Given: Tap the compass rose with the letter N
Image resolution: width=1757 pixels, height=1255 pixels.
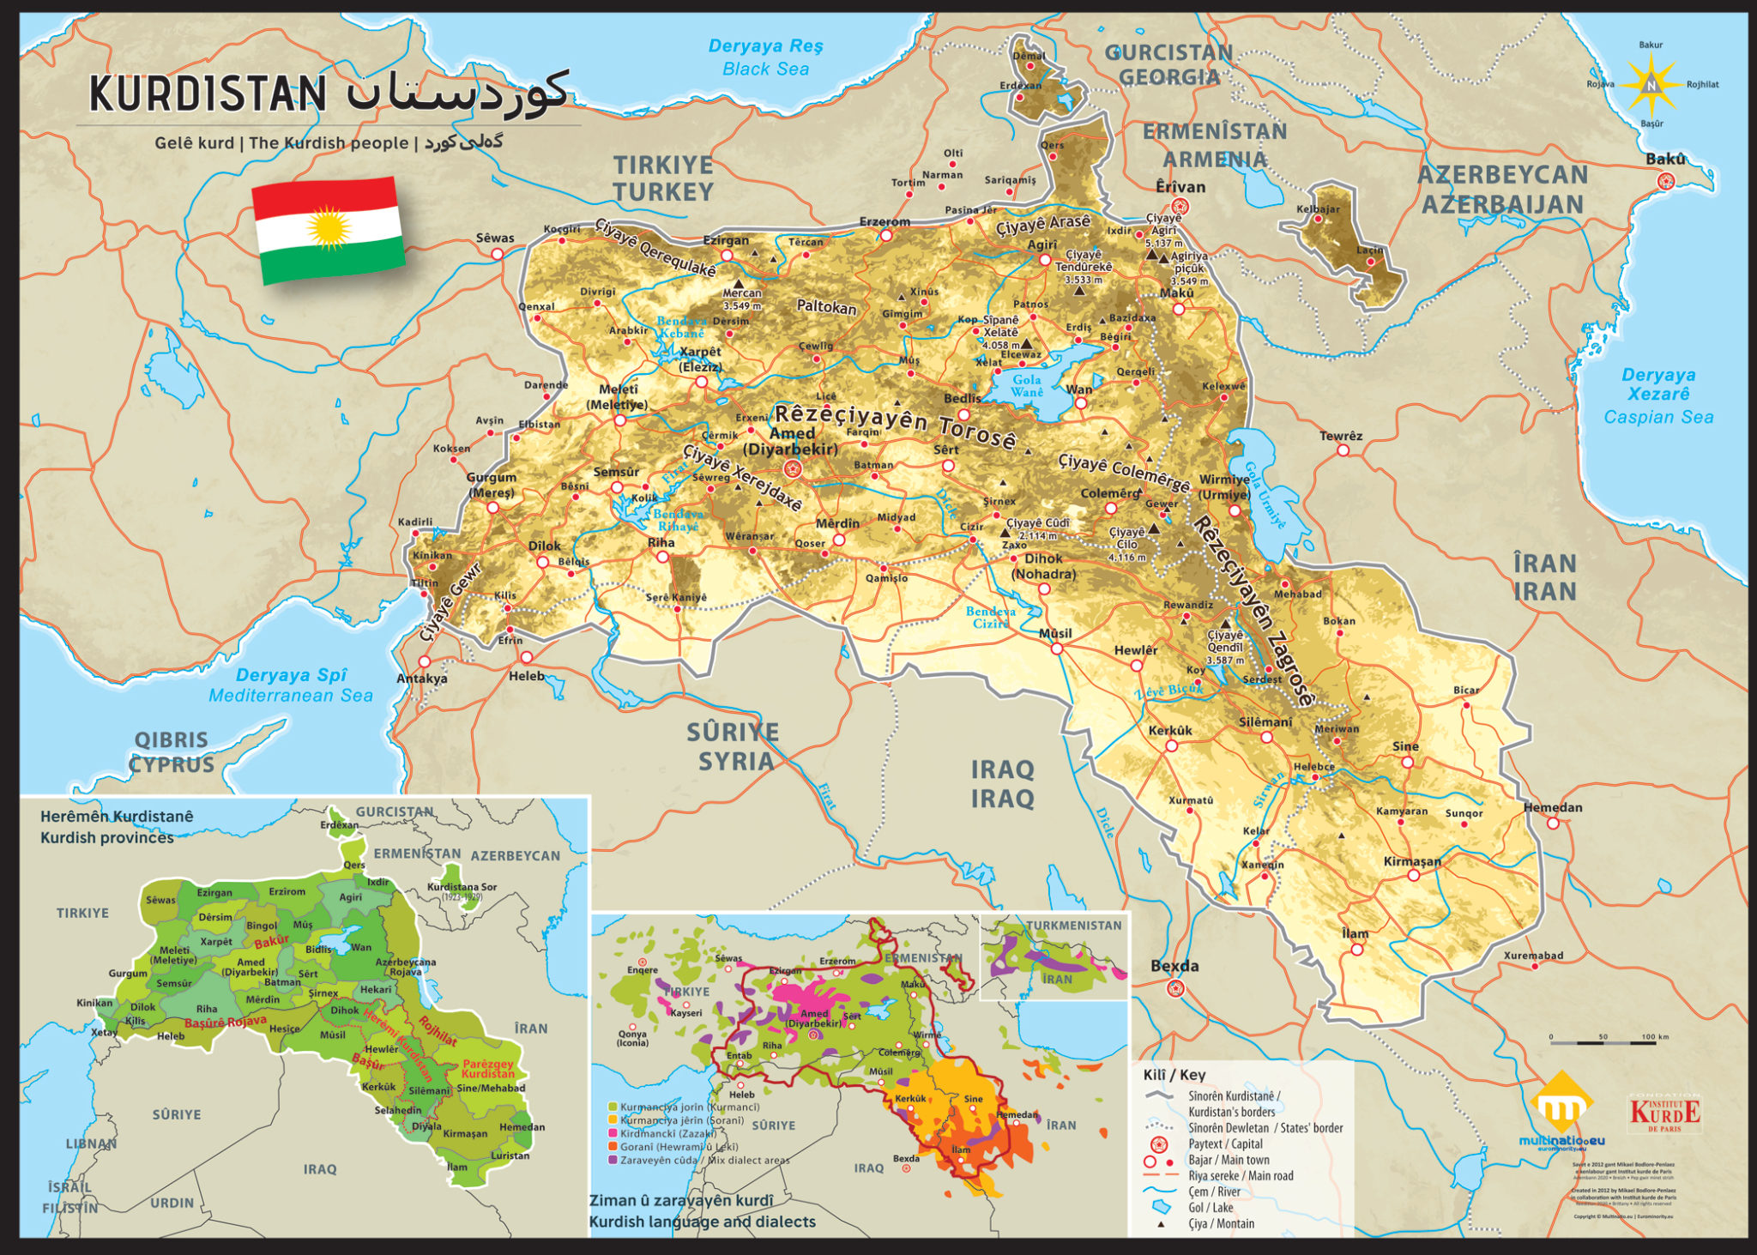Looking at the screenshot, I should tap(1650, 85).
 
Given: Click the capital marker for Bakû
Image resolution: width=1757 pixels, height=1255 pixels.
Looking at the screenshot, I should tap(1666, 180).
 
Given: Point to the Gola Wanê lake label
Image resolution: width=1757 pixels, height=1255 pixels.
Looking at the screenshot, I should tap(1027, 386).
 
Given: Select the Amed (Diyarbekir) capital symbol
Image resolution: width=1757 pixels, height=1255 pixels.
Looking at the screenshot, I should tap(792, 468).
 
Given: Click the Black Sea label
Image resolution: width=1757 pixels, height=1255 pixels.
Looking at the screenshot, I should tap(765, 57).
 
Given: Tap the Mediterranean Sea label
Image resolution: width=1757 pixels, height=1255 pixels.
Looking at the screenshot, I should tap(291, 685).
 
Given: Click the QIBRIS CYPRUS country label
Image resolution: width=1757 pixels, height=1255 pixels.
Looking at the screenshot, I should tap(172, 751).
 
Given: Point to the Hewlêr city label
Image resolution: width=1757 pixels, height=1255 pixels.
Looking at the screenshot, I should tap(1136, 650).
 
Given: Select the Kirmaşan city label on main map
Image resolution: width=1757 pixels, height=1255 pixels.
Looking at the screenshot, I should tap(1412, 861).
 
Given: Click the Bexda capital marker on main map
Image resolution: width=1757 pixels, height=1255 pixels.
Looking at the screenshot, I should tap(1175, 987).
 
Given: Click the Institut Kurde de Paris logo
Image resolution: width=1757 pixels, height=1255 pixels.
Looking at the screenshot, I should tap(1664, 1113).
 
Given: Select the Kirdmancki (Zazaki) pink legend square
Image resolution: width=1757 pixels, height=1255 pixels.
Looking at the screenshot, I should tap(612, 1133).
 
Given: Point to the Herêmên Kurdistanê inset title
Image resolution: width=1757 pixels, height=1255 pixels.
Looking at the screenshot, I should tap(116, 826).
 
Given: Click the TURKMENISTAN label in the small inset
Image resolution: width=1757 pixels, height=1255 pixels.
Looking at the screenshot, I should tap(1073, 926).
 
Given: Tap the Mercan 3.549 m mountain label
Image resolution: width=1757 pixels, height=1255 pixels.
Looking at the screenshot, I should tap(742, 299).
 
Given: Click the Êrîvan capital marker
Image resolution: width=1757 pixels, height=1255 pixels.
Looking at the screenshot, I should tap(1180, 206).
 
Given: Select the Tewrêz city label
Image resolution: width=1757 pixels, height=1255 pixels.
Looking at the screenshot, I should tap(1341, 436).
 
